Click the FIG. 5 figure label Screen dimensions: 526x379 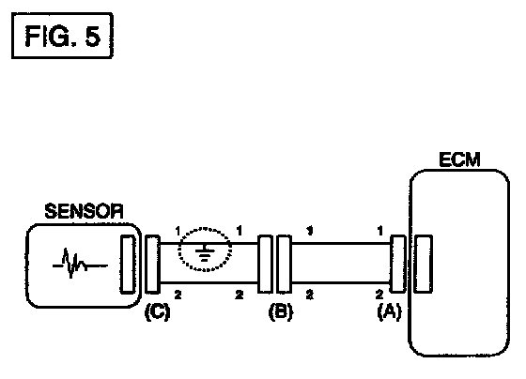[x=62, y=36]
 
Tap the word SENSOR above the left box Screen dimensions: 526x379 [x=84, y=211]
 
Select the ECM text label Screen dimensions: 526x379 [x=459, y=159]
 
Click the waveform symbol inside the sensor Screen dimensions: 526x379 [x=80, y=264]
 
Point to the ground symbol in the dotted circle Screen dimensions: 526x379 [x=205, y=253]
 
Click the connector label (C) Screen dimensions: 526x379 [x=158, y=312]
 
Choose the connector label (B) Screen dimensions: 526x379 [x=281, y=312]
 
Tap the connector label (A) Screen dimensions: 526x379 [x=389, y=311]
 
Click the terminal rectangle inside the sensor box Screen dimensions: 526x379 [x=128, y=265]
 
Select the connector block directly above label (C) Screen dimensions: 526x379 [x=152, y=265]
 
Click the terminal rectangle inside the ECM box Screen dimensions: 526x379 [x=423, y=264]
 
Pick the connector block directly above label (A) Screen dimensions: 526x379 [x=398, y=264]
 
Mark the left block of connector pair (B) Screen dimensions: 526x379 [x=265, y=264]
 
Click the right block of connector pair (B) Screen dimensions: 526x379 [x=284, y=264]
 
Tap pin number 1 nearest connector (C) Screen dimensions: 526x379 [x=178, y=231]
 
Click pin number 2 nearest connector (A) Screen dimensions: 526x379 [x=379, y=295]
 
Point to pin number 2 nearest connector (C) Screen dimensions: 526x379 [x=178, y=295]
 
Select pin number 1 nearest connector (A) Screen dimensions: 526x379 [x=379, y=231]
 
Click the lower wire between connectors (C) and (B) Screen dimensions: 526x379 [x=209, y=283]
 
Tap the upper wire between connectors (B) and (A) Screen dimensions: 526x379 [x=341, y=244]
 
